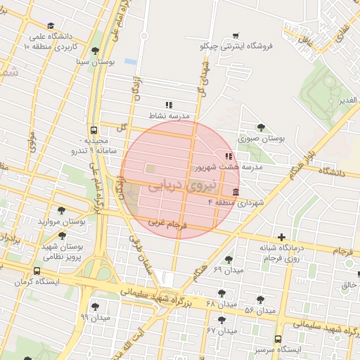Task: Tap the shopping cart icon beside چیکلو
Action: pyautogui.click(x=236, y=35)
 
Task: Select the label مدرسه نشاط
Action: pyautogui.click(x=167, y=115)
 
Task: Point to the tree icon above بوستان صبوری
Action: pyautogui.click(x=262, y=127)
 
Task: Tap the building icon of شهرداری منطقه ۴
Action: pyautogui.click(x=234, y=193)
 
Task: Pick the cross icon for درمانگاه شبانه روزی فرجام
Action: pyautogui.click(x=282, y=237)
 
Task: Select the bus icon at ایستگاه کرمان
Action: pyautogui.click(x=37, y=271)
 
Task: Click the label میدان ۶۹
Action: pyautogui.click(x=228, y=270)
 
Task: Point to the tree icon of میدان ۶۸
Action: pyautogui.click(x=222, y=292)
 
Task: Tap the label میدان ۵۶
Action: pyautogui.click(x=259, y=310)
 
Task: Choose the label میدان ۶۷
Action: pyautogui.click(x=220, y=330)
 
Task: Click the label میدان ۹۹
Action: pyautogui.click(x=96, y=317)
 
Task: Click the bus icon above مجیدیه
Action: pyautogui.click(x=94, y=130)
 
